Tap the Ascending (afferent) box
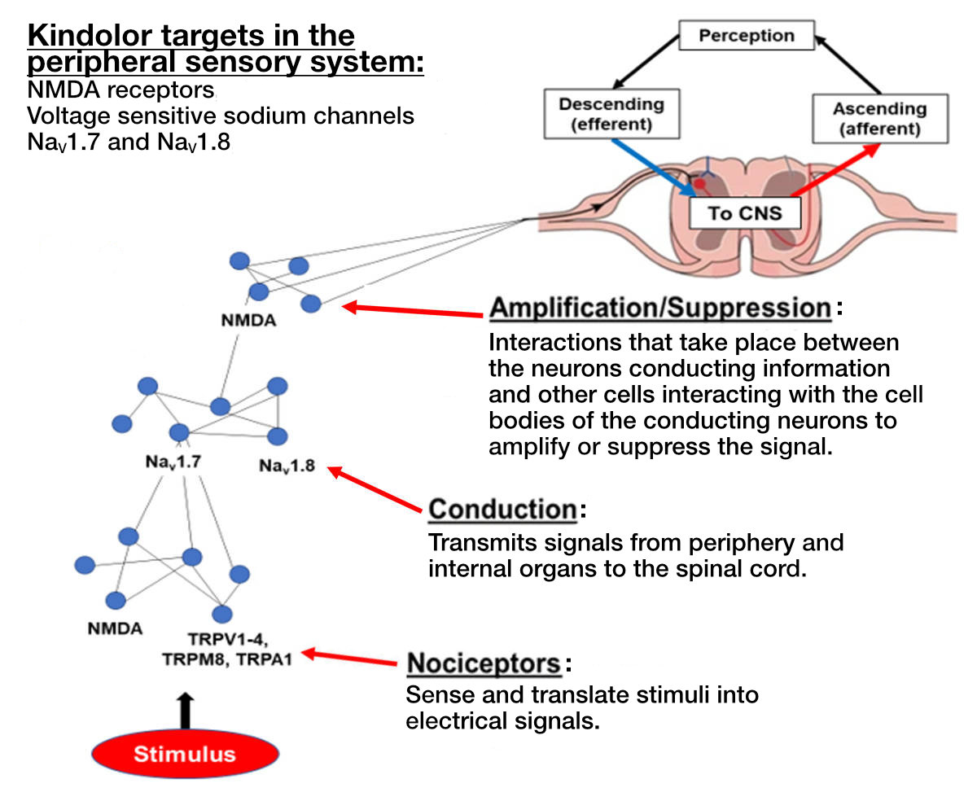(879, 119)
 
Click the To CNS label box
(745, 214)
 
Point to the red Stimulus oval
(184, 753)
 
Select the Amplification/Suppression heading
(660, 309)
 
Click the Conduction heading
(502, 510)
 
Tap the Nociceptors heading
(484, 663)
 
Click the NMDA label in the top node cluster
(248, 320)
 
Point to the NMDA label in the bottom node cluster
(115, 628)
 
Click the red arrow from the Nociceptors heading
(350, 658)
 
